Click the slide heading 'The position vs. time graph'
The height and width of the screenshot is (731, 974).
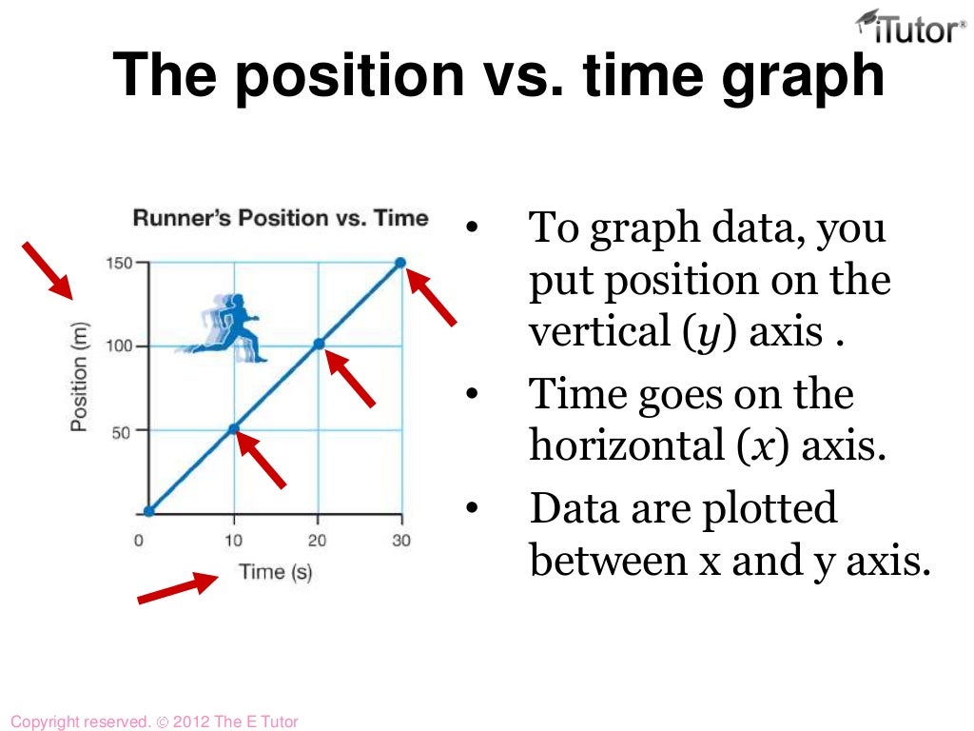[x=499, y=75]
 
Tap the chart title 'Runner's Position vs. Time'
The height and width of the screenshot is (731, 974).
[x=281, y=218]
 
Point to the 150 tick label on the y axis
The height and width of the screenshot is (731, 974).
[x=118, y=263]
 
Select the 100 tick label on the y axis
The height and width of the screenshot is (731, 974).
[x=118, y=346]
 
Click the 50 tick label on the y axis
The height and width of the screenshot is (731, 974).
[x=122, y=430]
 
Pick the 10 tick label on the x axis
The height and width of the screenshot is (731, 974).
[x=233, y=541]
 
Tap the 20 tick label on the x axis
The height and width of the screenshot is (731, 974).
[x=317, y=541]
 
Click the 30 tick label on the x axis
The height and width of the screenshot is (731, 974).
[x=400, y=541]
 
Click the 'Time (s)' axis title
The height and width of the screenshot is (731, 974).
[x=275, y=571]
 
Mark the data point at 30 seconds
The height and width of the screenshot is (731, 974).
[x=400, y=263]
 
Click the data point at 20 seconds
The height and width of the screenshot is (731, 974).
[x=319, y=344]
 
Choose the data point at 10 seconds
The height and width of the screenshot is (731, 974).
[x=234, y=429]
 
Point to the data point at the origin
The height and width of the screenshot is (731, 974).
[x=149, y=511]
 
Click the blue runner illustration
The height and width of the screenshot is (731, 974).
[x=226, y=326]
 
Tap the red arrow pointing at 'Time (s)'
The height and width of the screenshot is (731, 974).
[x=178, y=587]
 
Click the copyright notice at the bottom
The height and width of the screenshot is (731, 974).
[x=153, y=721]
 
